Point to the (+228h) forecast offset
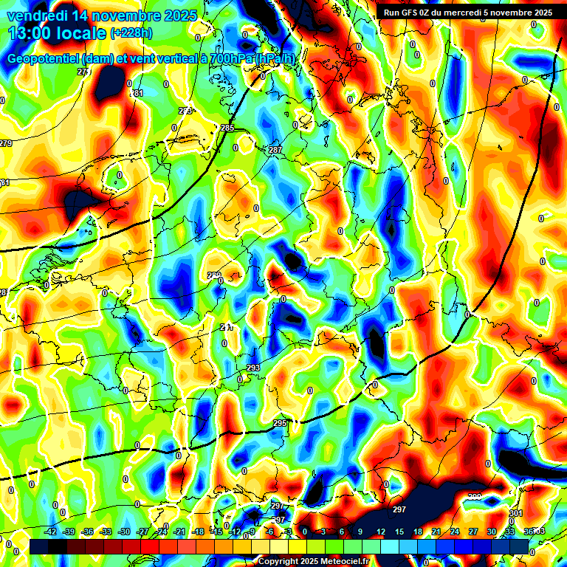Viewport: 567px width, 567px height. tap(133, 33)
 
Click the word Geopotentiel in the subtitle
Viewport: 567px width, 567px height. tap(44, 59)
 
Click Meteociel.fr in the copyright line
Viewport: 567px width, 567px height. tap(343, 561)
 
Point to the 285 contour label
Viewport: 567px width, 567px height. tap(227, 128)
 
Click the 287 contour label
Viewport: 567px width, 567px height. tap(275, 151)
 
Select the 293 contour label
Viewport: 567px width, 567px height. tap(253, 368)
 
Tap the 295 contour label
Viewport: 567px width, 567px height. tap(280, 423)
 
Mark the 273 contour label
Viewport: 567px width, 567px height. tap(185, 111)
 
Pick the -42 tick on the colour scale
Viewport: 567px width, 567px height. tap(51, 532)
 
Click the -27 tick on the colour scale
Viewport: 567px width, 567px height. tap(142, 532)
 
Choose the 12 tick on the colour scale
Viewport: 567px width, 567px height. tap(380, 532)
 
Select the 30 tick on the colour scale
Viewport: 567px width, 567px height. tap(491, 532)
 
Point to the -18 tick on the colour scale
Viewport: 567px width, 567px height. tap(198, 532)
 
